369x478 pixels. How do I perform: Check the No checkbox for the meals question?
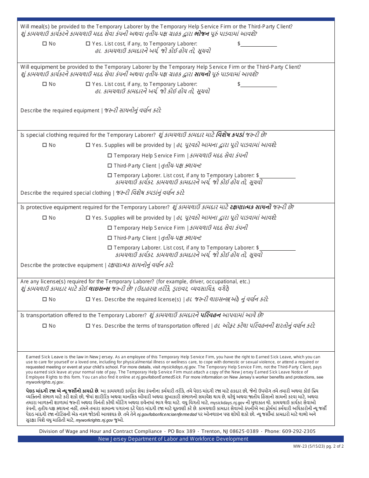(44, 44)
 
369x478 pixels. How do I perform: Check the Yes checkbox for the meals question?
(88, 44)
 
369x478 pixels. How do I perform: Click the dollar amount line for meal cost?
(259, 44)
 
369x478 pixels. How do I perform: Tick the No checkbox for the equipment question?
(44, 84)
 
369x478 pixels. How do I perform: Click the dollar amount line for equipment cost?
(259, 84)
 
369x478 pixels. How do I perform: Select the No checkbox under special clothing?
(44, 145)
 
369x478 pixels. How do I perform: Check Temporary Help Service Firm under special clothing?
(110, 156)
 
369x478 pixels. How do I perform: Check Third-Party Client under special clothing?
(110, 166)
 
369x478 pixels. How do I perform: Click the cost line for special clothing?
(277, 176)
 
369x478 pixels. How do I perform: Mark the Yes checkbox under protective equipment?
(88, 218)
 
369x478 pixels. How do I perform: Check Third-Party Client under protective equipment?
(110, 238)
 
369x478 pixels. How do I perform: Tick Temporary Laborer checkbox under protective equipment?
(110, 248)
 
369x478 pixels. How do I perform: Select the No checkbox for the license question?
(44, 300)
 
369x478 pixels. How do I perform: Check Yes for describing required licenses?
(88, 300)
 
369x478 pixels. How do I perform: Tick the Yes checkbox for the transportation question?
(88, 326)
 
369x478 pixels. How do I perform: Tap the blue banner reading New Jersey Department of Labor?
(173, 439)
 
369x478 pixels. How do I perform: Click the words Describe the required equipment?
(60, 111)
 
